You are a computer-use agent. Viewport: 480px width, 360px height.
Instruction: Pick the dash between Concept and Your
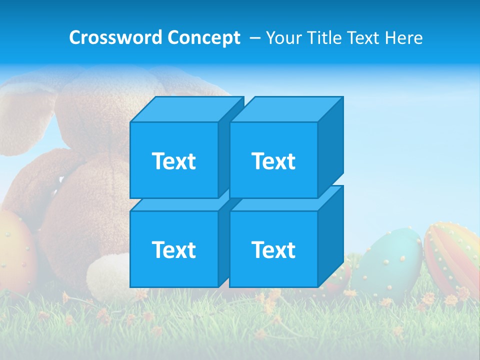[254, 38]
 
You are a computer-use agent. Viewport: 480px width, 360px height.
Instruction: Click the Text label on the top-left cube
[173, 161]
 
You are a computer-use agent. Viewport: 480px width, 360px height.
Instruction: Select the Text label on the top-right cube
[273, 161]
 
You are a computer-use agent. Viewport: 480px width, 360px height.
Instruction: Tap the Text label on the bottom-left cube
[173, 249]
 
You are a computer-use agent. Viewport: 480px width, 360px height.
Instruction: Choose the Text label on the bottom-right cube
[273, 249]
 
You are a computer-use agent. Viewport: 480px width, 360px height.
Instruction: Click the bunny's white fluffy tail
[107, 275]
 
